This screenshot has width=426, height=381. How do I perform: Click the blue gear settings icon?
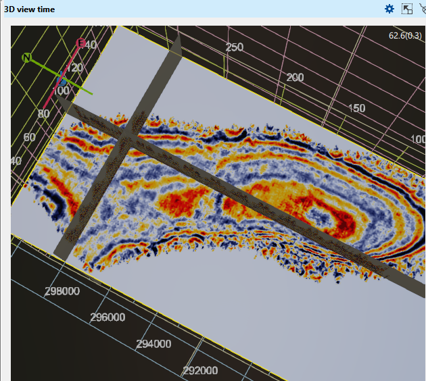pos(389,9)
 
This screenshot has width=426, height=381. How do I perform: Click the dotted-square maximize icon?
pos(407,9)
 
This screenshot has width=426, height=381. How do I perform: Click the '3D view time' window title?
pos(30,9)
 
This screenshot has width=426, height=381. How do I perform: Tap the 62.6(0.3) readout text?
pos(405,35)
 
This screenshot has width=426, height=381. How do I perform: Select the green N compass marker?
pos(27,57)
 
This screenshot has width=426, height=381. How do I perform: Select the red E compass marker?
pos(81,43)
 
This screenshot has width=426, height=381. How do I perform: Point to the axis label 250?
pos(234,47)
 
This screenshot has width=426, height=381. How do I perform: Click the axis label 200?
pos(295,78)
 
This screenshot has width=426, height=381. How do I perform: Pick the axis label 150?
pos(356,108)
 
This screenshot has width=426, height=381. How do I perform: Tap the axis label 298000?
pos(62,291)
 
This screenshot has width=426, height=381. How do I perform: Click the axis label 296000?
pos(108,317)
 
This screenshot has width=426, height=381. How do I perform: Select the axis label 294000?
pos(153,344)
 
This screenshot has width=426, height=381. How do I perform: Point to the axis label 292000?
pos(200,370)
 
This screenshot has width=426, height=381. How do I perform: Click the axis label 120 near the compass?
pos(74,68)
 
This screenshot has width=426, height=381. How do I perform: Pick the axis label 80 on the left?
pos(44,113)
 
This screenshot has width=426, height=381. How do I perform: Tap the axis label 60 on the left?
pos(29,137)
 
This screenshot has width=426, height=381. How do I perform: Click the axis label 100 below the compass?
pos(60,91)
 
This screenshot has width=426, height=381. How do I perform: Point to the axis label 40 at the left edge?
pos(15,161)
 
